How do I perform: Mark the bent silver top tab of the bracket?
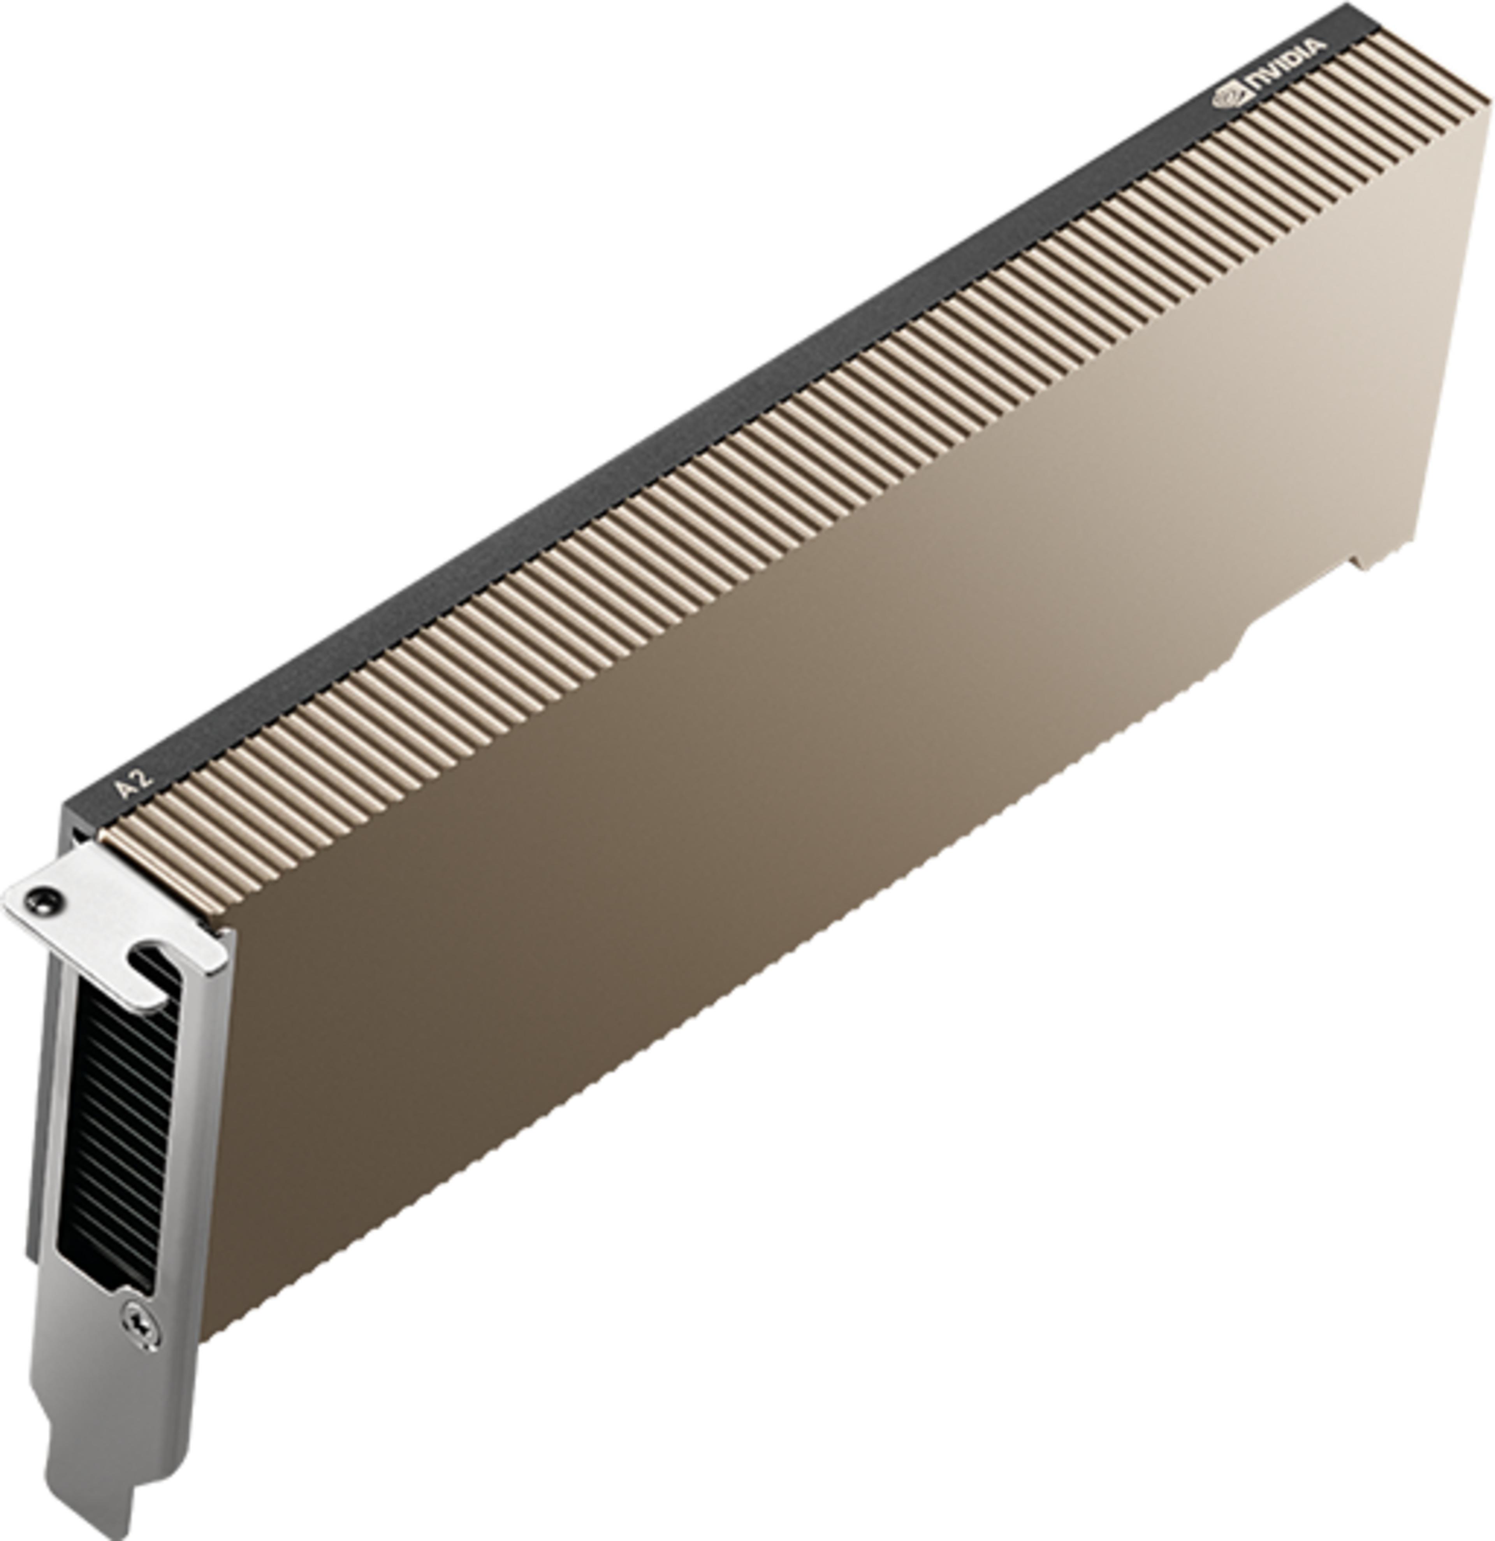[x=110, y=920]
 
